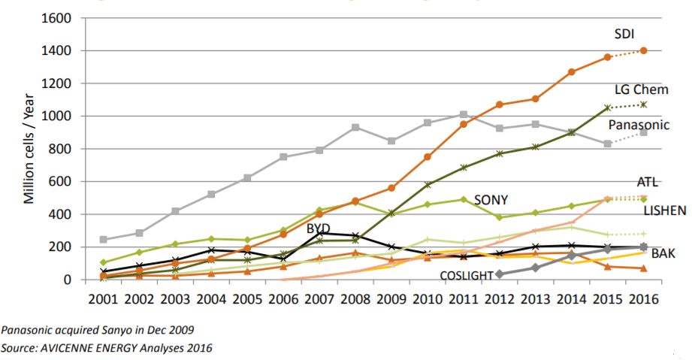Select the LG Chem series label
click(x=641, y=89)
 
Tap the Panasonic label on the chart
click(x=639, y=125)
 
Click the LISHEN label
click(x=665, y=211)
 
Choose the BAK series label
click(x=663, y=254)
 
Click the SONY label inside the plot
click(x=491, y=200)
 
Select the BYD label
click(x=319, y=228)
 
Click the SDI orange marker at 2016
click(x=643, y=50)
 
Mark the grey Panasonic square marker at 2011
click(x=464, y=115)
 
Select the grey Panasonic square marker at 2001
click(x=103, y=240)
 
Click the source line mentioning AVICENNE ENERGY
click(x=107, y=348)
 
